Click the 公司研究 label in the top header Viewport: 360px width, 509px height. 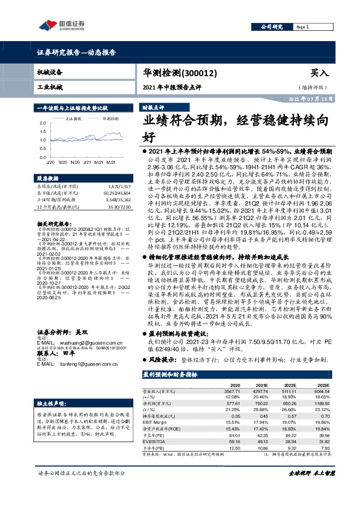272,27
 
